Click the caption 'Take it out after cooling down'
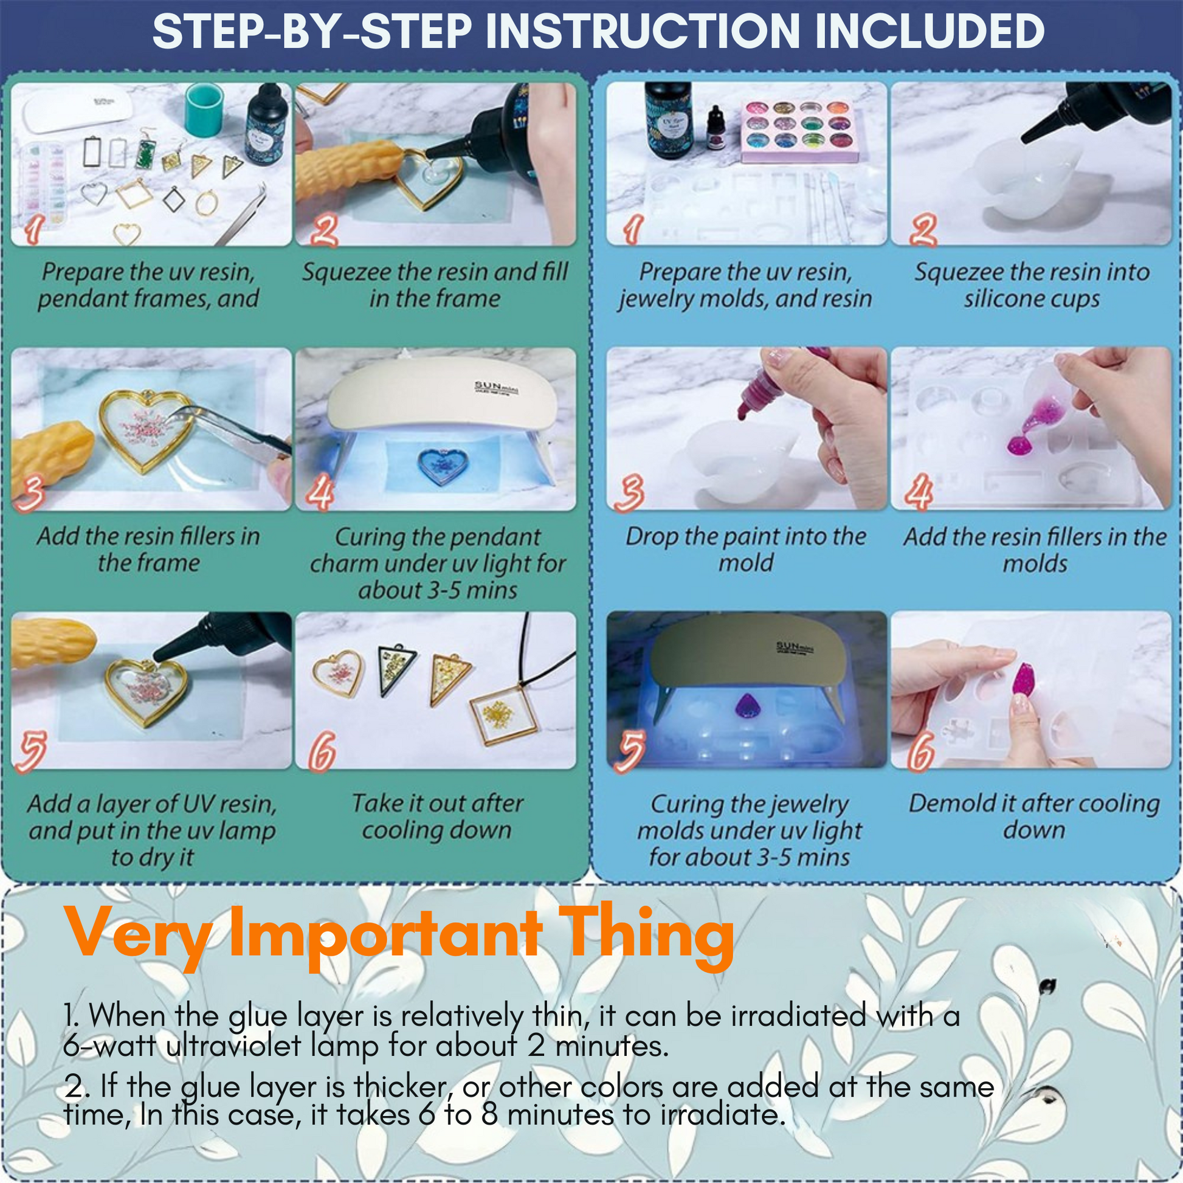[x=436, y=816]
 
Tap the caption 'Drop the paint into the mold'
[x=745, y=550]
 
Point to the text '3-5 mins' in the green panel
[x=477, y=590]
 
